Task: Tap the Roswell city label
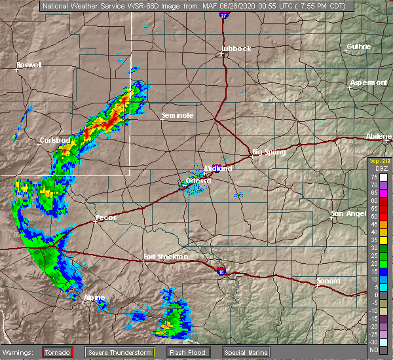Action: click(x=29, y=65)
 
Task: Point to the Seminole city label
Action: click(x=178, y=116)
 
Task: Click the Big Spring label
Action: click(x=269, y=152)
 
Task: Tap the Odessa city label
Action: click(x=198, y=181)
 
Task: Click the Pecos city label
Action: click(x=105, y=217)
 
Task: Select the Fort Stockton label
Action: click(x=166, y=257)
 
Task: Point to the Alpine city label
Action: click(x=94, y=297)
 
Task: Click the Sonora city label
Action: click(x=328, y=281)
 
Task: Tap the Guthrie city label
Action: click(x=359, y=46)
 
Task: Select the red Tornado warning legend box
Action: click(x=58, y=352)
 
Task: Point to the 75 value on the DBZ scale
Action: click(x=373, y=177)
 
